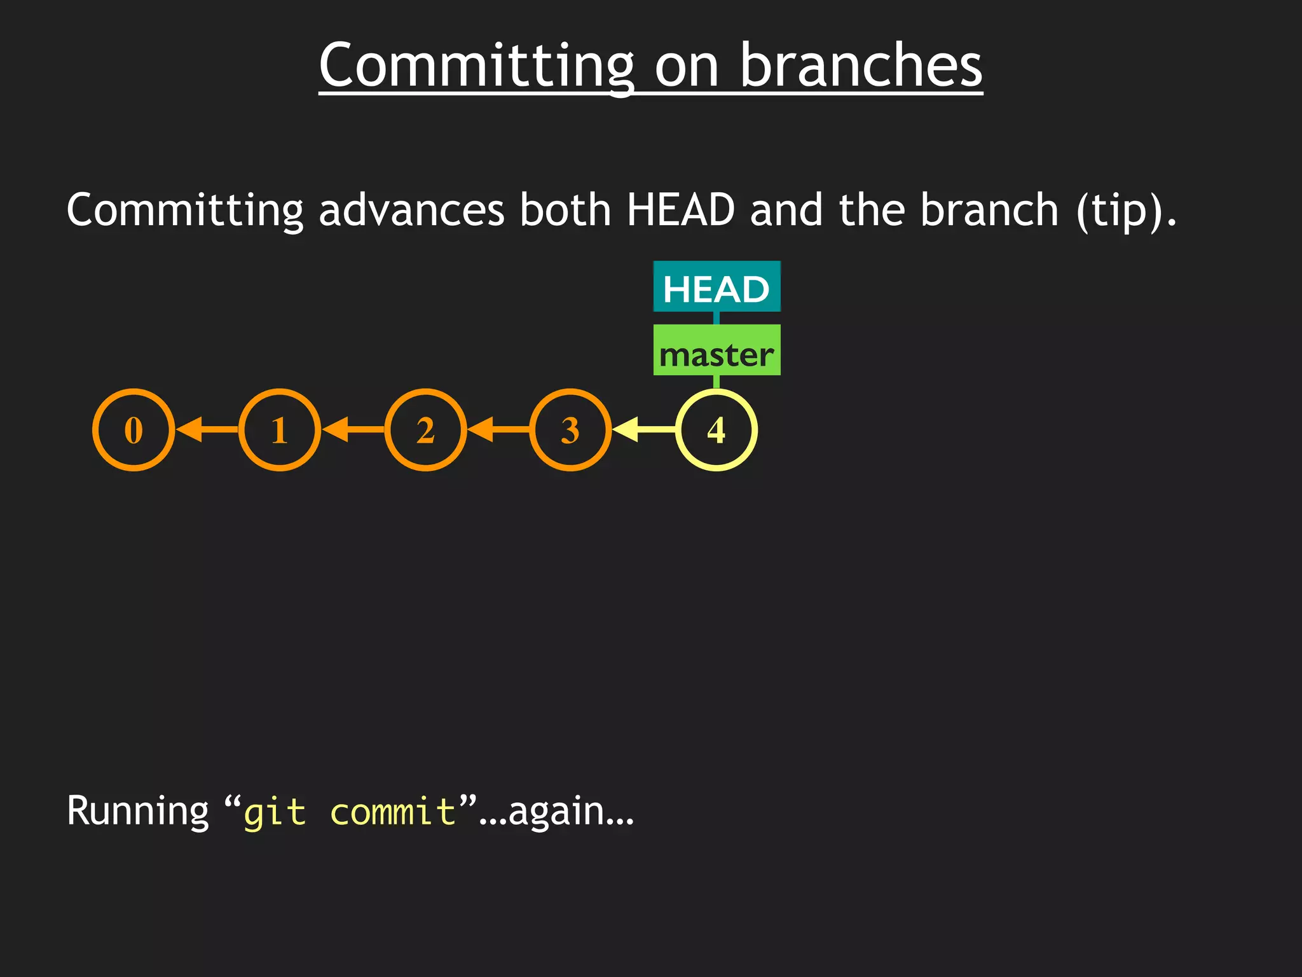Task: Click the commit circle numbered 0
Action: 134,430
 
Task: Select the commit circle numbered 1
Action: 280,430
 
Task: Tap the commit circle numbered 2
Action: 425,430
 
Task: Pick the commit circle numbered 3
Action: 570,430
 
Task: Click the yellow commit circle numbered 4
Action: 716,430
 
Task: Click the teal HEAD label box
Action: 716,288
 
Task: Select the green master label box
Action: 716,351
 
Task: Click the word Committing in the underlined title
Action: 476,66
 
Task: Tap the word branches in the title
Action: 861,66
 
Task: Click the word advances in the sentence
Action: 411,210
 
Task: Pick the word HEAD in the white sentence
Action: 680,210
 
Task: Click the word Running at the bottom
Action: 137,812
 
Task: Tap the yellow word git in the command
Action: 274,813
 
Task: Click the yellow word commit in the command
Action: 392,813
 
